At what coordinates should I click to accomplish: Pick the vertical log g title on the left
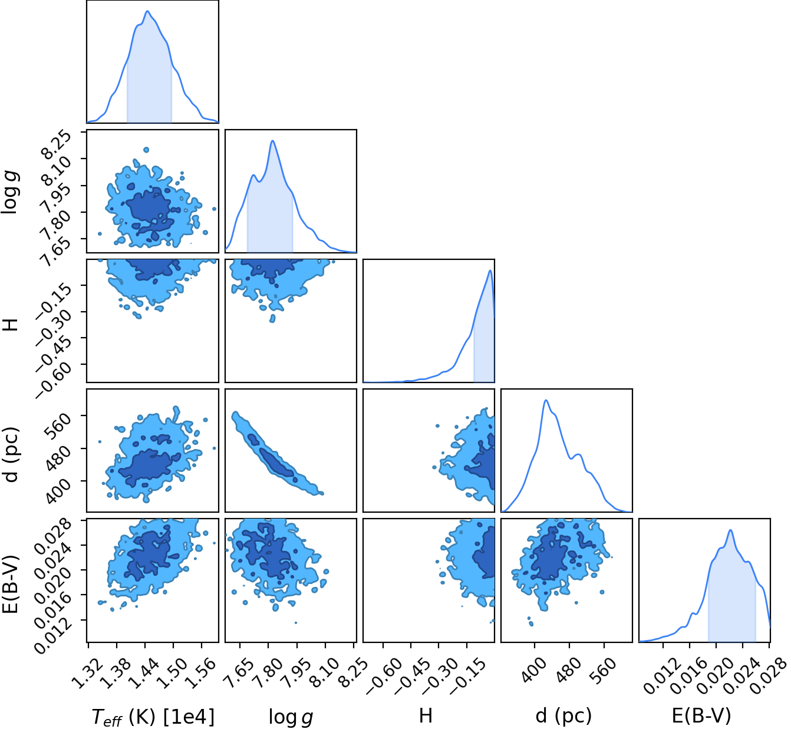tap(10, 192)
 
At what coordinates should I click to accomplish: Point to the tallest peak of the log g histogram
tap(272, 141)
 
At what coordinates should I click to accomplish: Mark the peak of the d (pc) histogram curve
tap(546, 400)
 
